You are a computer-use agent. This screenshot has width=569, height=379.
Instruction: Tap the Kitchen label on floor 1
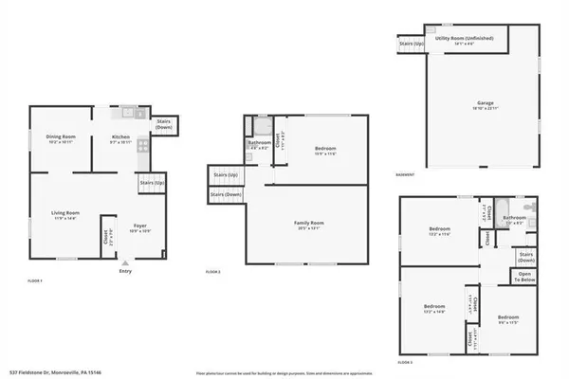(120, 137)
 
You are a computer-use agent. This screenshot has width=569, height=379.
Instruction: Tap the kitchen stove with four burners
(142, 145)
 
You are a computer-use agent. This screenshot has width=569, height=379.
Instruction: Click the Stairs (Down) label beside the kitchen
(164, 124)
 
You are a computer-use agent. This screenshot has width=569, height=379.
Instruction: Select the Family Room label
(309, 223)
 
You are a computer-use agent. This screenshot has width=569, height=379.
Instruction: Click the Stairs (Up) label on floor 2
(226, 175)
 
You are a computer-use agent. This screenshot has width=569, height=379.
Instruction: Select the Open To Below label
(523, 278)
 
